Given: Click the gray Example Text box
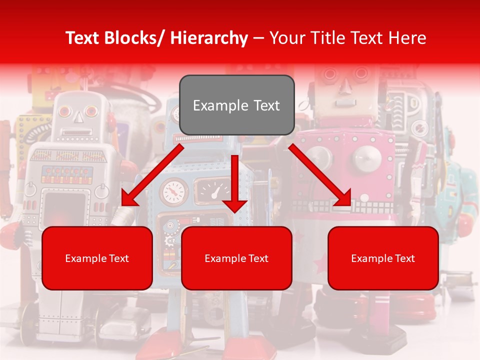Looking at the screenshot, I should pos(236,105).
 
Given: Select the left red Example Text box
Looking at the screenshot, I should pos(97,258).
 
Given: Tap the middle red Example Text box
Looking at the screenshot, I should pos(236,258).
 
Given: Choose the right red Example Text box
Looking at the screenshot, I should pos(383,258).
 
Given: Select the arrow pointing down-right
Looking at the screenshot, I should pos(320,175).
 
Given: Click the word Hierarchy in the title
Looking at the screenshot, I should pos(209,38).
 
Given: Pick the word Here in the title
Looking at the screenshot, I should pos(407,38).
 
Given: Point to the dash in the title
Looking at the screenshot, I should pos(258,38).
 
